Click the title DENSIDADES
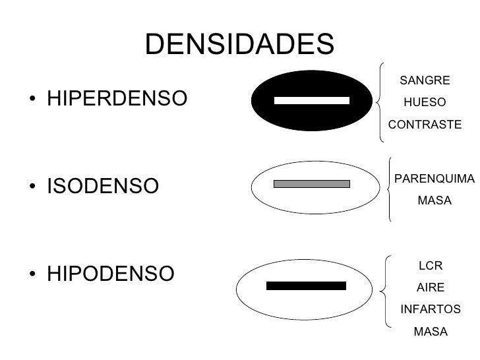pyautogui.click(x=239, y=44)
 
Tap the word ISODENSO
pyautogui.click(x=103, y=187)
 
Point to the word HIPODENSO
pyautogui.click(x=111, y=273)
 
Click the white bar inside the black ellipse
pyautogui.click(x=311, y=101)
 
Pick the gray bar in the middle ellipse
pyautogui.click(x=311, y=184)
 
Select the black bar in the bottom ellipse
pyautogui.click(x=306, y=285)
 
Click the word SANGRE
pyautogui.click(x=425, y=80)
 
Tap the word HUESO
pyautogui.click(x=425, y=102)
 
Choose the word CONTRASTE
pyautogui.click(x=425, y=124)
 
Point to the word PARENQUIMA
pyautogui.click(x=434, y=178)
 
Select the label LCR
pyautogui.click(x=430, y=266)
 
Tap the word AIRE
pyautogui.click(x=430, y=287)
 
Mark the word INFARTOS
pyautogui.click(x=430, y=309)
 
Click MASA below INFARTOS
pyautogui.click(x=430, y=331)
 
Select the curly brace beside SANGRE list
pyautogui.click(x=381, y=102)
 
